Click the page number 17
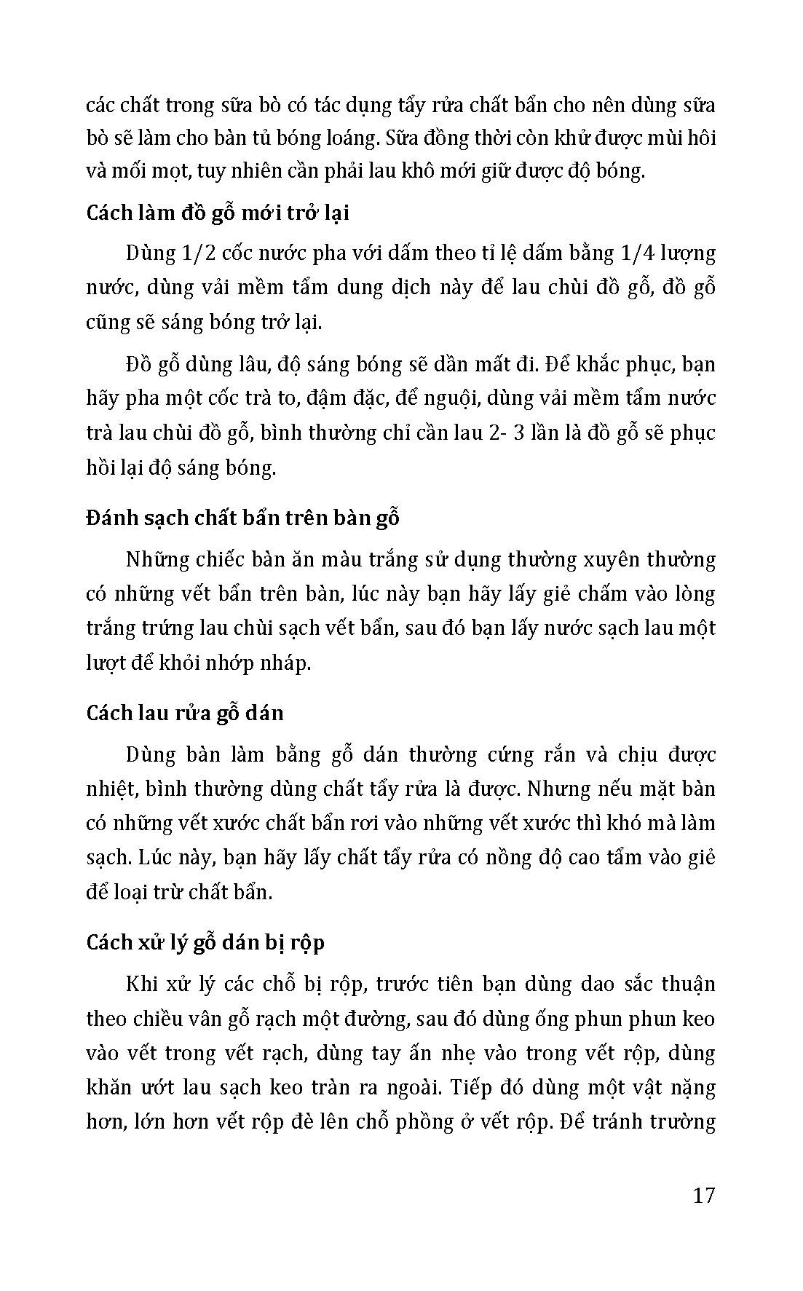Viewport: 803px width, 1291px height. pos(704,1196)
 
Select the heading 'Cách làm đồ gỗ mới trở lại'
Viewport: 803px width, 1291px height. pos(218,213)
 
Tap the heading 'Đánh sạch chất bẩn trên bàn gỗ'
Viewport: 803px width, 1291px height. pos(242,518)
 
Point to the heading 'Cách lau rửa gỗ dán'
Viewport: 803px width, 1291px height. pos(185,712)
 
